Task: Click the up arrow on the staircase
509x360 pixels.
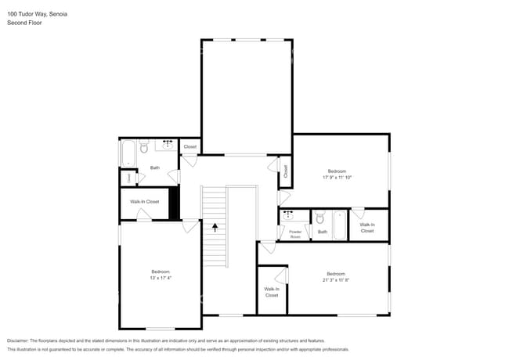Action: tap(215, 228)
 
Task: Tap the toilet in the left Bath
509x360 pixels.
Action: tap(143, 147)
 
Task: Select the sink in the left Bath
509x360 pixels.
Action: tap(168, 145)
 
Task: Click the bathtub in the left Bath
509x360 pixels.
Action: tap(128, 153)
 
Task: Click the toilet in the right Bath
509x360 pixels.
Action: tap(319, 218)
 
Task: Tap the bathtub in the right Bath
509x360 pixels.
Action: tap(339, 225)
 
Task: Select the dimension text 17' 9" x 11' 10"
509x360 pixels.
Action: tap(337, 177)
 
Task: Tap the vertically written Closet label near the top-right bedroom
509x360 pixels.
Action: tap(286, 171)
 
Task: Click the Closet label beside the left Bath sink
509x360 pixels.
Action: tap(190, 146)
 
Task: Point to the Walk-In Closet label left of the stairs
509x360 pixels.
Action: tap(144, 202)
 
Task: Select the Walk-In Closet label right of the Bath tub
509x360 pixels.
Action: tap(367, 228)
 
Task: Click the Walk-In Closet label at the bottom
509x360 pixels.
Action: tap(272, 292)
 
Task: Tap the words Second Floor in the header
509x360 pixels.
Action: tap(25, 23)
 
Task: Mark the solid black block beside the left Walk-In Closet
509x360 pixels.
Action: tap(175, 203)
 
